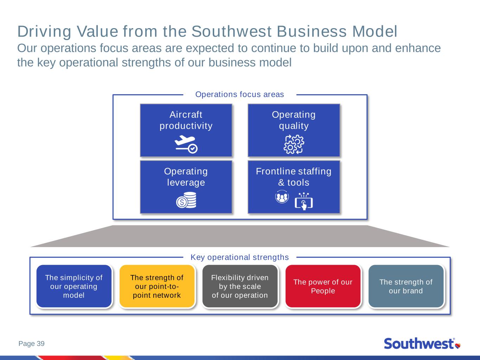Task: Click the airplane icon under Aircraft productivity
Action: pyautogui.click(x=186, y=144)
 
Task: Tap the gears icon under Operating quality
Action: pyautogui.click(x=294, y=144)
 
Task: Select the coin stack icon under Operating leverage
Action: pyautogui.click(x=186, y=200)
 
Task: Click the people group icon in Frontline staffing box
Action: pyautogui.click(x=282, y=197)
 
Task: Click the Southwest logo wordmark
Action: pyautogui.click(x=419, y=343)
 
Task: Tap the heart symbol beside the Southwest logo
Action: pyautogui.click(x=458, y=346)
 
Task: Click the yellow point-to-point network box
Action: pyautogui.click(x=157, y=286)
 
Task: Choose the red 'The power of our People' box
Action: pyautogui.click(x=323, y=286)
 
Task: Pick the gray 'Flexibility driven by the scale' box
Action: pyautogui.click(x=240, y=286)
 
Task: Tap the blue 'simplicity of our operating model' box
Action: pyautogui.click(x=74, y=286)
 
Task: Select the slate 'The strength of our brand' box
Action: pyautogui.click(x=406, y=286)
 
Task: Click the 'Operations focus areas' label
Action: pyautogui.click(x=240, y=95)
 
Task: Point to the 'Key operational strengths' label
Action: pyautogui.click(x=240, y=257)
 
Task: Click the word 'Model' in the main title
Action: pyautogui.click(x=375, y=32)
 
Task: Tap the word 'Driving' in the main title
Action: pyautogui.click(x=44, y=32)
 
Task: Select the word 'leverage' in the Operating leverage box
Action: pyautogui.click(x=186, y=183)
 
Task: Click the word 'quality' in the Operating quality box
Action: pyautogui.click(x=294, y=126)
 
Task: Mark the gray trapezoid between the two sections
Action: pyautogui.click(x=240, y=236)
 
